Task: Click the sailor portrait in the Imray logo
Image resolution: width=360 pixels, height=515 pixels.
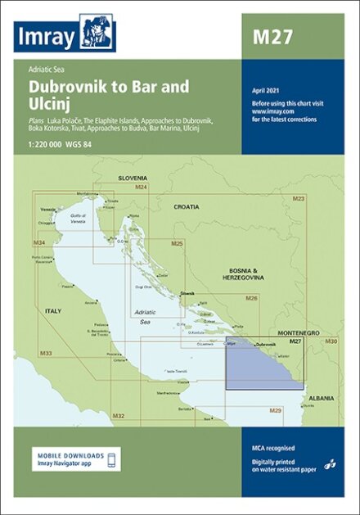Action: pos(97,32)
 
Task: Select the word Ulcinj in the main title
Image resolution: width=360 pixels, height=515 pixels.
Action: pos(46,104)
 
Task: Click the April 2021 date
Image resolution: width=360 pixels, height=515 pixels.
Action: pos(266,89)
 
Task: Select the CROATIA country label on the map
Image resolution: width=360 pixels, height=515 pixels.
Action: pos(186,207)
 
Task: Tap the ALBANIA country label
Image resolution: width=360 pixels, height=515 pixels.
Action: pos(322,398)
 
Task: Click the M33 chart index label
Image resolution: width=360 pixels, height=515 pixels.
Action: pos(46,353)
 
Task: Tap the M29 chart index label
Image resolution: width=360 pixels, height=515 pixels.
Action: pos(276,409)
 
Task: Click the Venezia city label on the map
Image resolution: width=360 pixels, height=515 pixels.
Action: pos(49,209)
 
